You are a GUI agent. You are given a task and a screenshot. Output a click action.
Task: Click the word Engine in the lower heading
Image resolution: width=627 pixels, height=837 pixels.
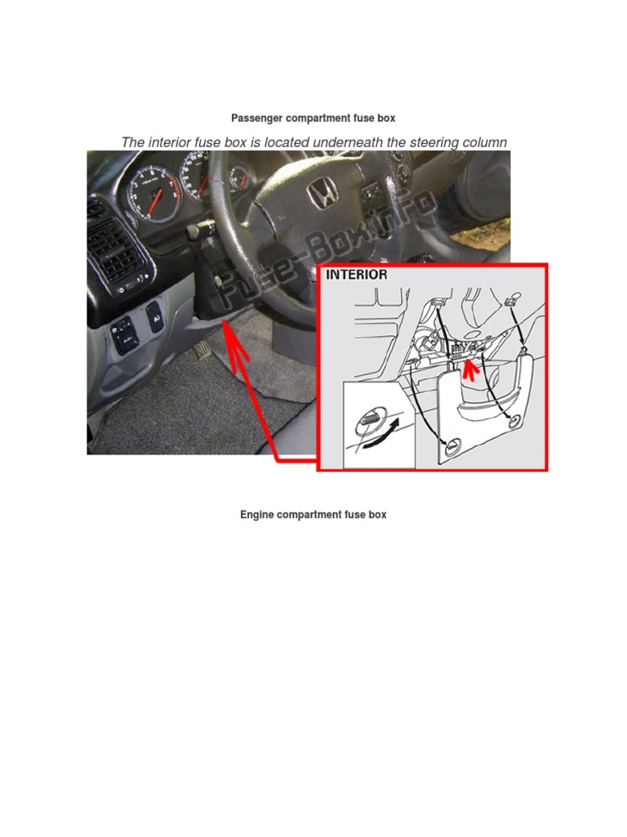[x=257, y=515]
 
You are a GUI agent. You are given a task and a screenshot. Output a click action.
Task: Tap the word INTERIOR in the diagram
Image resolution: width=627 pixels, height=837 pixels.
[x=357, y=275]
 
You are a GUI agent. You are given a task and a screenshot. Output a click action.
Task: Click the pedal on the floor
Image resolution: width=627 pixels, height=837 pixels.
[x=202, y=347]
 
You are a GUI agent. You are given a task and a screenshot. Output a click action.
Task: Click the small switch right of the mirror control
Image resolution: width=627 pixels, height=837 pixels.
[x=153, y=316]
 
